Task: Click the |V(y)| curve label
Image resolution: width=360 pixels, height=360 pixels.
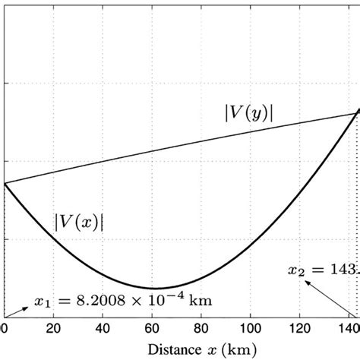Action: [250, 112]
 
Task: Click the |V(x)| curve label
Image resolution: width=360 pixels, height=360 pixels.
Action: [79, 222]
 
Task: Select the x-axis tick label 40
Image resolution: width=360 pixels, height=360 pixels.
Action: [103, 328]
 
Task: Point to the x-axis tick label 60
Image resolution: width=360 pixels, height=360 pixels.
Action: [153, 328]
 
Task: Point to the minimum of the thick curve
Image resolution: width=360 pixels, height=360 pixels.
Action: [154, 289]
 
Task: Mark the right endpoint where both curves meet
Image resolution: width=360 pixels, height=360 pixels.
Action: [357, 112]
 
